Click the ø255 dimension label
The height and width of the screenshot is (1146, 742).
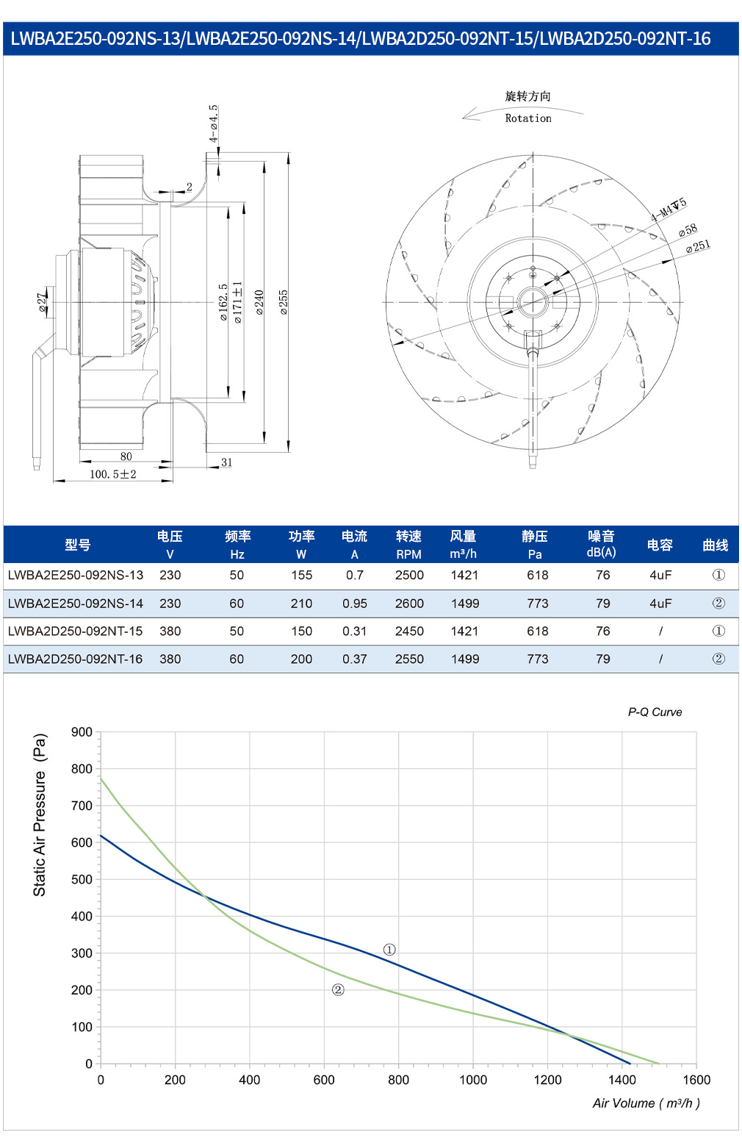[x=284, y=302]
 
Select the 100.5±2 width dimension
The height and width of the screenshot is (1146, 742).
[x=113, y=474]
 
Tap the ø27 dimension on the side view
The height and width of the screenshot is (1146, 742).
[x=42, y=302]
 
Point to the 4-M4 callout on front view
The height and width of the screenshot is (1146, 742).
[x=669, y=210]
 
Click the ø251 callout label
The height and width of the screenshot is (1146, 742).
[x=698, y=246]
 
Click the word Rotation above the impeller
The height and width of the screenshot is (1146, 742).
[x=528, y=118]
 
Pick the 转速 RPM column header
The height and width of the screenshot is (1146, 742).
[x=408, y=545]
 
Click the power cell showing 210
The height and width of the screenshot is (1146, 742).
[x=301, y=604]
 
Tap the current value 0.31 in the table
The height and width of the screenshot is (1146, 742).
[x=354, y=631]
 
